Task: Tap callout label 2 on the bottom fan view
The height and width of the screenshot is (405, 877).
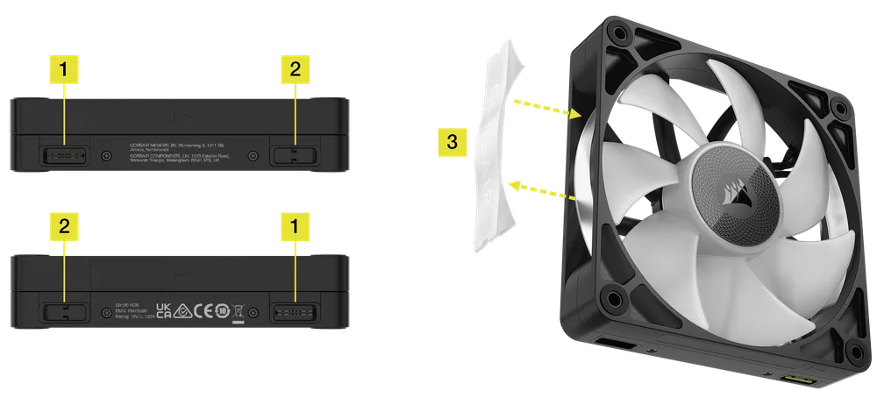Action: point(63,224)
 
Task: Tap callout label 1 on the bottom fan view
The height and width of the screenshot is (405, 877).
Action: point(294,224)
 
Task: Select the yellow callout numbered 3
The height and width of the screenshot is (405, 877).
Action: point(452,141)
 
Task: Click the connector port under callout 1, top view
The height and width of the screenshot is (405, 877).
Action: point(64,154)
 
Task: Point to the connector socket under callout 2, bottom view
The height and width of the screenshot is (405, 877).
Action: point(64,310)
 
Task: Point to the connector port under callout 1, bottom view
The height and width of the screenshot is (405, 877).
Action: point(292,310)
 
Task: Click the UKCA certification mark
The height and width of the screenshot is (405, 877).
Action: point(163,310)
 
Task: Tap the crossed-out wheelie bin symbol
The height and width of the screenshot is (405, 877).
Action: point(239,310)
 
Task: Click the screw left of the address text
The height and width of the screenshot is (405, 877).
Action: point(106,155)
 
